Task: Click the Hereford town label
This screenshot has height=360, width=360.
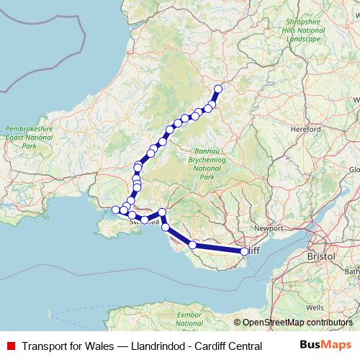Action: coord(306,130)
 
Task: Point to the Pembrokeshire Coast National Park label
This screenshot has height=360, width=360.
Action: coord(30,135)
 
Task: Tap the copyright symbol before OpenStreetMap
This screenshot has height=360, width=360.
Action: coord(237,323)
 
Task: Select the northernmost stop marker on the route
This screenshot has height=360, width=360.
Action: coord(218,89)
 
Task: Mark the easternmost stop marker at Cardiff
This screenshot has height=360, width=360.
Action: coord(244,251)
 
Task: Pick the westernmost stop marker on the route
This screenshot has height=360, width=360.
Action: coord(115,210)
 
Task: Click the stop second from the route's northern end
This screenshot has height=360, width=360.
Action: coord(212,104)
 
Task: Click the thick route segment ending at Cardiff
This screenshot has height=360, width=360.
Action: coord(218,248)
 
